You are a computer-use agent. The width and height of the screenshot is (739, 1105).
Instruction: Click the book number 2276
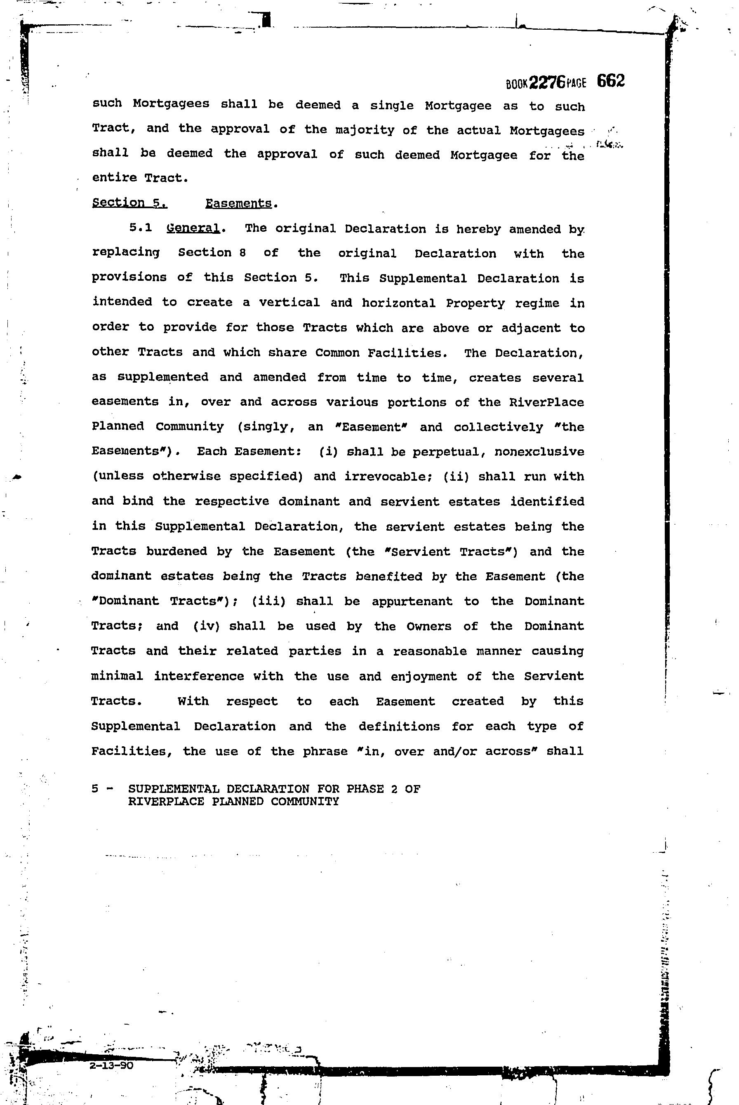point(547,82)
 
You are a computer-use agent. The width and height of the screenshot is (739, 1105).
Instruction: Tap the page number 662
point(610,81)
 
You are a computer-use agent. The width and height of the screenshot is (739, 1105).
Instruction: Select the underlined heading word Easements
point(238,204)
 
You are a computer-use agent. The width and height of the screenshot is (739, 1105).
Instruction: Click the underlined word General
point(193,228)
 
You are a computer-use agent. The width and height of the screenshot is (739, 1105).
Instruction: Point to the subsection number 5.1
point(141,228)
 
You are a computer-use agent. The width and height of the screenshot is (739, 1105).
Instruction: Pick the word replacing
point(125,253)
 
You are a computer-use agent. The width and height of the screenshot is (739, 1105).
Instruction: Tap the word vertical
point(289,303)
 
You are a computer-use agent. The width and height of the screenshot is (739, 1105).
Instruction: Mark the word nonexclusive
point(539,452)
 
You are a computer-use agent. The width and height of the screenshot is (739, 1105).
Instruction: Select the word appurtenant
point(412,602)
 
